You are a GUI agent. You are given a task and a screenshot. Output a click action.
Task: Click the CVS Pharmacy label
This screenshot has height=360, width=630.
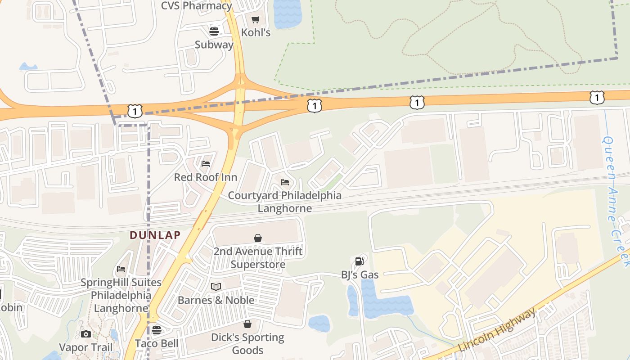pyautogui.click(x=196, y=6)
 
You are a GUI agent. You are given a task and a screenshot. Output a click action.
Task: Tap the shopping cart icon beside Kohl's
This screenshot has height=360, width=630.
pyautogui.click(x=256, y=20)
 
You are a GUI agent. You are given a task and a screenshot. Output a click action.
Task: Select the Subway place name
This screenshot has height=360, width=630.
pyautogui.click(x=214, y=45)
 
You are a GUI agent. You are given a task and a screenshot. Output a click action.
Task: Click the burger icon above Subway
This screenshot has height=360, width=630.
pyautogui.click(x=214, y=31)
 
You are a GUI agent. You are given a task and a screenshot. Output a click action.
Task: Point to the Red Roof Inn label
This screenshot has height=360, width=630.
pyautogui.click(x=206, y=177)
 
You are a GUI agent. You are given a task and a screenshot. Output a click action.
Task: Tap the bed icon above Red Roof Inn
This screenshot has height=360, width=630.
pyautogui.click(x=206, y=164)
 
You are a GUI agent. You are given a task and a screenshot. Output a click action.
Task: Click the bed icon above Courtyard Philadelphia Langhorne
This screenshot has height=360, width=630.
pyautogui.click(x=285, y=182)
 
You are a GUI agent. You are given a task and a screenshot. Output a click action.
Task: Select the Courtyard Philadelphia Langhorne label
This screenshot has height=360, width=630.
pyautogui.click(x=284, y=202)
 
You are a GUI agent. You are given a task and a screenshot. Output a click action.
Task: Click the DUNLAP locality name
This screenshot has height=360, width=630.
pyautogui.click(x=155, y=235)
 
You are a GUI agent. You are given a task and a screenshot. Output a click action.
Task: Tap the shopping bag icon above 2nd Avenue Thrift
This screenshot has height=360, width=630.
pyautogui.click(x=258, y=238)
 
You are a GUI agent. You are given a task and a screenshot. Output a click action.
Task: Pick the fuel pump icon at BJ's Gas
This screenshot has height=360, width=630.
pyautogui.click(x=359, y=261)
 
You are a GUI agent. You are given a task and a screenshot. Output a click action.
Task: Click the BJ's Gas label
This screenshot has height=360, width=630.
pyautogui.click(x=360, y=274)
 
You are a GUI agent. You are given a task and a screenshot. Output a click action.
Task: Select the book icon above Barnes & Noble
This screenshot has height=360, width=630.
pyautogui.click(x=216, y=287)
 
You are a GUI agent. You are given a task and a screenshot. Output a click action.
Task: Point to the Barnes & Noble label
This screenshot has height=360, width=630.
pyautogui.click(x=216, y=300)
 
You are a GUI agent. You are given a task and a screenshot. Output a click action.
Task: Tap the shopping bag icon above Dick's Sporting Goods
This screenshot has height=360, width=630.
pyautogui.click(x=247, y=324)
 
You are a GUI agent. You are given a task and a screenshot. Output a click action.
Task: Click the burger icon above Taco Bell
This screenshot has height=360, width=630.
pyautogui.click(x=157, y=330)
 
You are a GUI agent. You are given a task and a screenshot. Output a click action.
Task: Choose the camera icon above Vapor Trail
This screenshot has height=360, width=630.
pyautogui.click(x=86, y=334)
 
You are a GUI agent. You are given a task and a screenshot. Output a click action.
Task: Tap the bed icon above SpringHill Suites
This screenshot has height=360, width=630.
pyautogui.click(x=121, y=269)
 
